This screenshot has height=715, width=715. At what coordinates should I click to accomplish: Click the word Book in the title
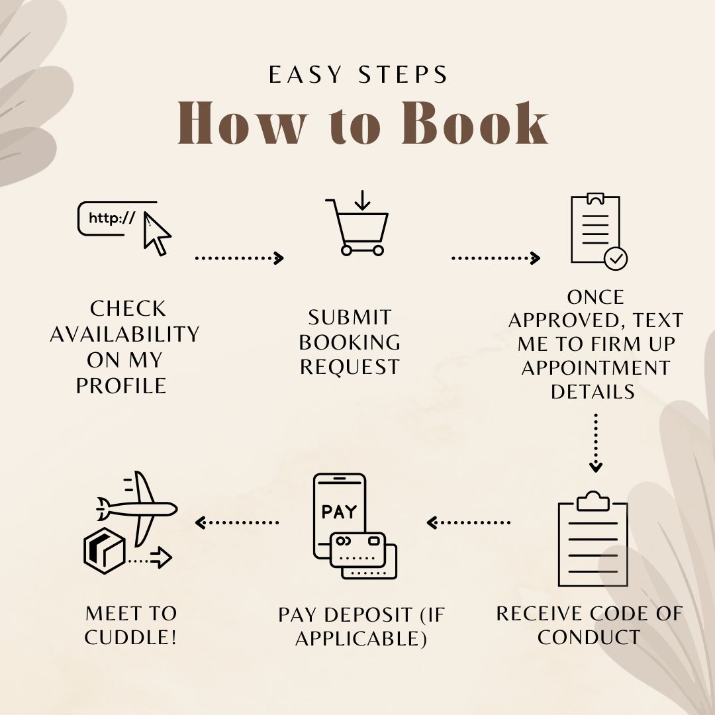click(475, 122)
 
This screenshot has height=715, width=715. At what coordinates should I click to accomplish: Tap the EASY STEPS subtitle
click(358, 75)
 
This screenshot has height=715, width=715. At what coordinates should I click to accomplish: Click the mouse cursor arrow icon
click(156, 234)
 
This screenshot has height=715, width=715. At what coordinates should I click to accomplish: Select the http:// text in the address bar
click(112, 218)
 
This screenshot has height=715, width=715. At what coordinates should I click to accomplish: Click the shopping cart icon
click(358, 224)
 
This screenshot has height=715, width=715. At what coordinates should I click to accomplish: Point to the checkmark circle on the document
click(616, 259)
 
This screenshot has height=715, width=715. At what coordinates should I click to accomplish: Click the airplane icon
click(137, 508)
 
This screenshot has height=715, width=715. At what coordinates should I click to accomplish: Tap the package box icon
click(105, 550)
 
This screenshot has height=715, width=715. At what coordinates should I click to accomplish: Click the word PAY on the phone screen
click(339, 512)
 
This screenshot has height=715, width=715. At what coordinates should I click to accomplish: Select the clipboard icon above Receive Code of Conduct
click(593, 539)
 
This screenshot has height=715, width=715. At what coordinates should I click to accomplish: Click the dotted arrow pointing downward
click(596, 443)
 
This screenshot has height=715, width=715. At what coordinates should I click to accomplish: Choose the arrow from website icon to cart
click(240, 258)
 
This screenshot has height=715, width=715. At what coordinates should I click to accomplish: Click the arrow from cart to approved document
click(496, 258)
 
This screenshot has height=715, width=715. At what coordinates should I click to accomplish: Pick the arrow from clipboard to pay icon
click(468, 522)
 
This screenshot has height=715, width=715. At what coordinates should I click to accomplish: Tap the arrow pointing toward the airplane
click(236, 522)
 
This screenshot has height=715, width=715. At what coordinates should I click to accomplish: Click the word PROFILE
click(121, 386)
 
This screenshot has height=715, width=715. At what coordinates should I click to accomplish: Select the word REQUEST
click(350, 367)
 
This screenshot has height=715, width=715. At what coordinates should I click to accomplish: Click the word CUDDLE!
click(130, 637)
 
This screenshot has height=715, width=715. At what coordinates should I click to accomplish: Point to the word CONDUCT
click(589, 637)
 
